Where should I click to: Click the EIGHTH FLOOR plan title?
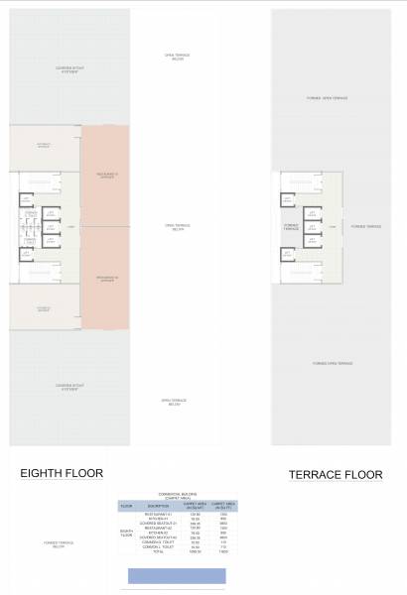pos(62,473)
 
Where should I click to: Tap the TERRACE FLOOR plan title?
pos(336,475)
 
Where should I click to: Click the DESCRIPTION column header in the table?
pos(159,507)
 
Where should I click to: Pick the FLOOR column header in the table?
pos(126,507)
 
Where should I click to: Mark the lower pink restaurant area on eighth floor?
pos(105,279)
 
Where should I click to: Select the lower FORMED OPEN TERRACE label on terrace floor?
pos(331,364)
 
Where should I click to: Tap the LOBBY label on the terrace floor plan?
pos(333,226)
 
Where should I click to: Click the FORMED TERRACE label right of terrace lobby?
pos(365,226)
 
